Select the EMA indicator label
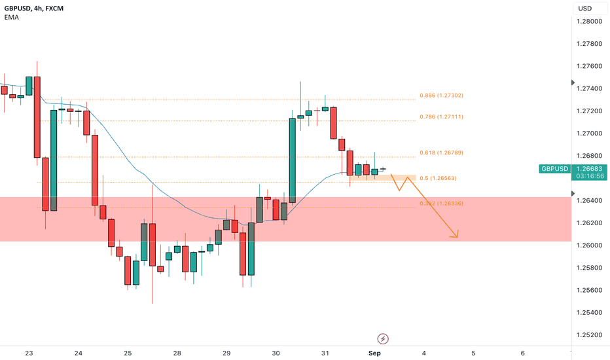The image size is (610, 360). (x=11, y=18)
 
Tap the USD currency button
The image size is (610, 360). (x=584, y=8)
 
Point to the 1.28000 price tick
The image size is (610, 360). (x=588, y=22)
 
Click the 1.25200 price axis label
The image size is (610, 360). (x=588, y=334)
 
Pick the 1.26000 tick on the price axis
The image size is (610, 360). (x=588, y=245)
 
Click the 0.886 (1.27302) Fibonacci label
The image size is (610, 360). (x=441, y=96)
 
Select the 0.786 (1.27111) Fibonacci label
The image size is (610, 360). (x=441, y=117)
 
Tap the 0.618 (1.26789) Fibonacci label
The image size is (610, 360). (x=441, y=153)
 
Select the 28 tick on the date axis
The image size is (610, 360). (x=177, y=353)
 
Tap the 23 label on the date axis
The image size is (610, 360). (x=29, y=353)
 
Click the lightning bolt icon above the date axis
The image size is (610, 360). (x=383, y=338)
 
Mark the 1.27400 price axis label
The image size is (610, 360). (x=588, y=88)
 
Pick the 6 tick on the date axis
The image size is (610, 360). (x=522, y=353)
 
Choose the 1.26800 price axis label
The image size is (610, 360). (x=588, y=156)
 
